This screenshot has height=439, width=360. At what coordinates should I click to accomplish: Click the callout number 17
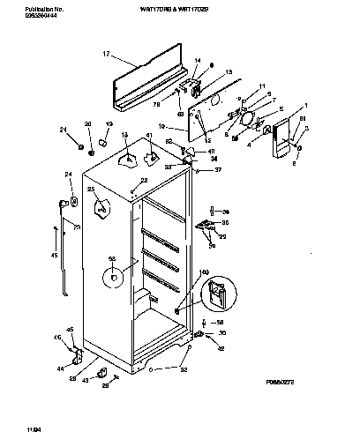[x=107, y=54]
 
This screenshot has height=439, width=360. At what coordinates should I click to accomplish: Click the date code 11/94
[x=11, y=428]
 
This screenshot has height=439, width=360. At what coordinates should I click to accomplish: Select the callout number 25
[x=90, y=190]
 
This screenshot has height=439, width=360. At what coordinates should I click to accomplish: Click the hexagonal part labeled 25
[x=101, y=209]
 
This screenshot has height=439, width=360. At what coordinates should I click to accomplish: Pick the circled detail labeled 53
[x=113, y=279]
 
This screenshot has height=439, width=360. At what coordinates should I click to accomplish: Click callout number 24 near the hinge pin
[x=68, y=175]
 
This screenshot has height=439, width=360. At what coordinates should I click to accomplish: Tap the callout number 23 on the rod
[x=76, y=227]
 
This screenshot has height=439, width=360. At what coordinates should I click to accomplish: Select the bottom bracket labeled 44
[x=78, y=356]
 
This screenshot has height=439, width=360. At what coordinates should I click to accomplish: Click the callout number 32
[x=184, y=369]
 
